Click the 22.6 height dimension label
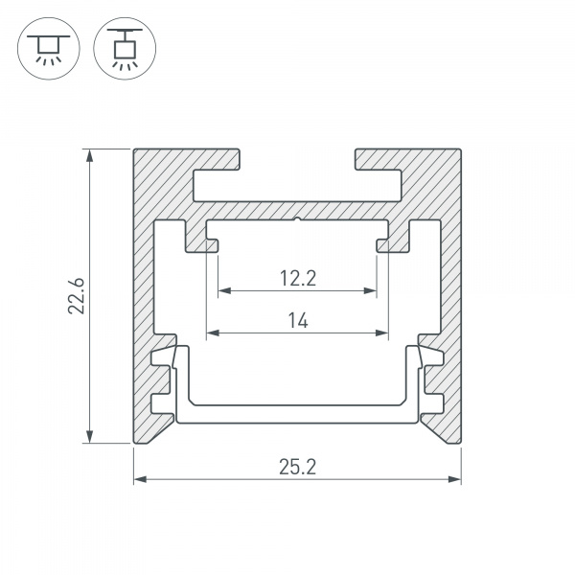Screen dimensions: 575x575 tap(77, 296)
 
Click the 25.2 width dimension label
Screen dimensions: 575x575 tap(297, 467)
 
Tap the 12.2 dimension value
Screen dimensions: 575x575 tap(298, 278)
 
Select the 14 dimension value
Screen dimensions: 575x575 tap(298, 320)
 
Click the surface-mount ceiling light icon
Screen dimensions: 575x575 tap(49, 49)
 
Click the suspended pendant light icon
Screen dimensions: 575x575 tap(125, 49)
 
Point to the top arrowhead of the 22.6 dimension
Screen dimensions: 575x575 tap(89, 155)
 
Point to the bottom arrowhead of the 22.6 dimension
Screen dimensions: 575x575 tap(89, 436)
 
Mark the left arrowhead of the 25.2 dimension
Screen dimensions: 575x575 tap(140, 479)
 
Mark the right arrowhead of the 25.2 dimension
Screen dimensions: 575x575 tap(454, 479)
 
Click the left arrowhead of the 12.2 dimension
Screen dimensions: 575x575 tap(224, 290)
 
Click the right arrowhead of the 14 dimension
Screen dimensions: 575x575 tap(381, 333)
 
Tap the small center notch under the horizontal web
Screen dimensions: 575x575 tap(297, 219)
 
